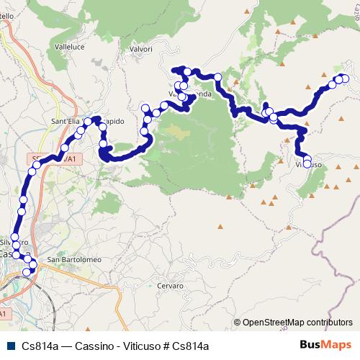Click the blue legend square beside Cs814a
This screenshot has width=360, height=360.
click(x=9, y=346)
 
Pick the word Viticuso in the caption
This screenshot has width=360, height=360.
click(x=143, y=346)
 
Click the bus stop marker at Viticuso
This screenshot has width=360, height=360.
click(x=307, y=164)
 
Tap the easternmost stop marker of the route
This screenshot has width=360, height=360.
click(x=345, y=78)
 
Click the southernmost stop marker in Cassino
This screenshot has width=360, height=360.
click(x=28, y=271)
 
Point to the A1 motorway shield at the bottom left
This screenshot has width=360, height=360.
click(x=4, y=315)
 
